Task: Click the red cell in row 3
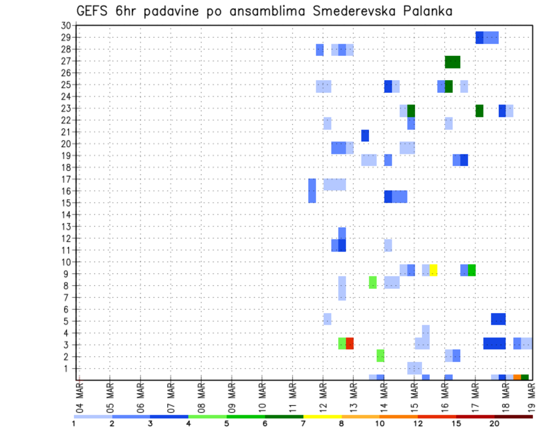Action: tap(350, 343)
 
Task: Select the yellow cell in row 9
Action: tap(434, 270)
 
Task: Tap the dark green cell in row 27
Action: tap(453, 62)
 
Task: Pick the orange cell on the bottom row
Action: tap(517, 378)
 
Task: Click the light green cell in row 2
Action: tap(380, 355)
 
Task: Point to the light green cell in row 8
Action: tap(373, 282)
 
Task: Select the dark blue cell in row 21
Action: tap(365, 135)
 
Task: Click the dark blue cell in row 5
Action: tap(498, 319)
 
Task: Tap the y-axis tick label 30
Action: tap(66, 25)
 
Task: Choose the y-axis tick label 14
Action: tap(66, 214)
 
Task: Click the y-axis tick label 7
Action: tap(68, 297)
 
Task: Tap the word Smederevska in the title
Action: tap(353, 11)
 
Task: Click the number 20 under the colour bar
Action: tap(495, 423)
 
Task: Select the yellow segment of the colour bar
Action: tap(322, 416)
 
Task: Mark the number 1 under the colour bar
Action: tap(74, 423)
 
